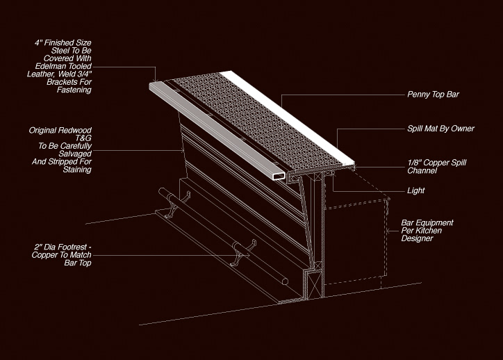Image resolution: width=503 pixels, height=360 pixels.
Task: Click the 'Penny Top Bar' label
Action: coord(433,94)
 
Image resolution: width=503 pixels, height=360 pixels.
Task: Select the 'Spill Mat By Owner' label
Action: coord(440,129)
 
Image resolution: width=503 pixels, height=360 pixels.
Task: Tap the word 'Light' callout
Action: coord(416,190)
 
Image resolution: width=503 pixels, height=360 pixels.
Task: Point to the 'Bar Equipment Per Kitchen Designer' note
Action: coord(427,231)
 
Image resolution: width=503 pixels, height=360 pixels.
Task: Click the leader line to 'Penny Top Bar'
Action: coord(340,94)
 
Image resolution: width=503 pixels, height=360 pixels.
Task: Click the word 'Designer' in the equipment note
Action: coord(417,239)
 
